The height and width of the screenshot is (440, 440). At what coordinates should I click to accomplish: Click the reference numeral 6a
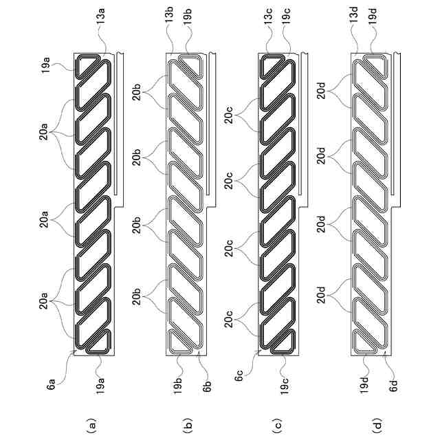(x=52, y=384)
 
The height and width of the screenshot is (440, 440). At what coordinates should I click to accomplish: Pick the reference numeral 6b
(x=207, y=386)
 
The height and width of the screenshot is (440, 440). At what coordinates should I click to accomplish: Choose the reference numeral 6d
(x=394, y=385)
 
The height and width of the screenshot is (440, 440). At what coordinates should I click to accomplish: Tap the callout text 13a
(x=101, y=16)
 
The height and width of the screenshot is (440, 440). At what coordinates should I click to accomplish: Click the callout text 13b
(x=170, y=14)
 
